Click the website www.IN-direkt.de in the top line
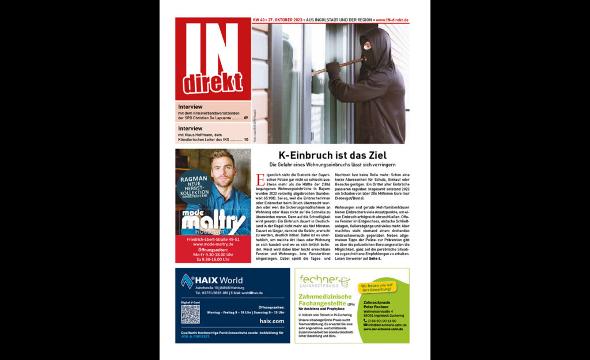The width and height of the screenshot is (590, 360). click(x=392, y=20)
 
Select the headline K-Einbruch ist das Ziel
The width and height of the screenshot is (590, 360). click(x=332, y=155)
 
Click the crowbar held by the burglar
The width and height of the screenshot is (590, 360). click(x=339, y=65)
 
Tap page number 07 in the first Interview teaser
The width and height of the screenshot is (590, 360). click(x=246, y=118)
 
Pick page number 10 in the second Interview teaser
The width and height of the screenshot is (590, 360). click(x=246, y=139)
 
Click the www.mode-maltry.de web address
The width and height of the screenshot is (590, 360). click(x=213, y=244)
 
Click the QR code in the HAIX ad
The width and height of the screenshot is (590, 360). click(x=190, y=314)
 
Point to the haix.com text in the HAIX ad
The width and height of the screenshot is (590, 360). click(x=272, y=321)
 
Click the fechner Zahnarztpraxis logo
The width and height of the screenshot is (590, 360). click(x=323, y=282)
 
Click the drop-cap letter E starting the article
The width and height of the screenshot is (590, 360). click(x=260, y=179)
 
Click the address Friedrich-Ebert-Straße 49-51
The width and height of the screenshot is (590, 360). click(x=213, y=238)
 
